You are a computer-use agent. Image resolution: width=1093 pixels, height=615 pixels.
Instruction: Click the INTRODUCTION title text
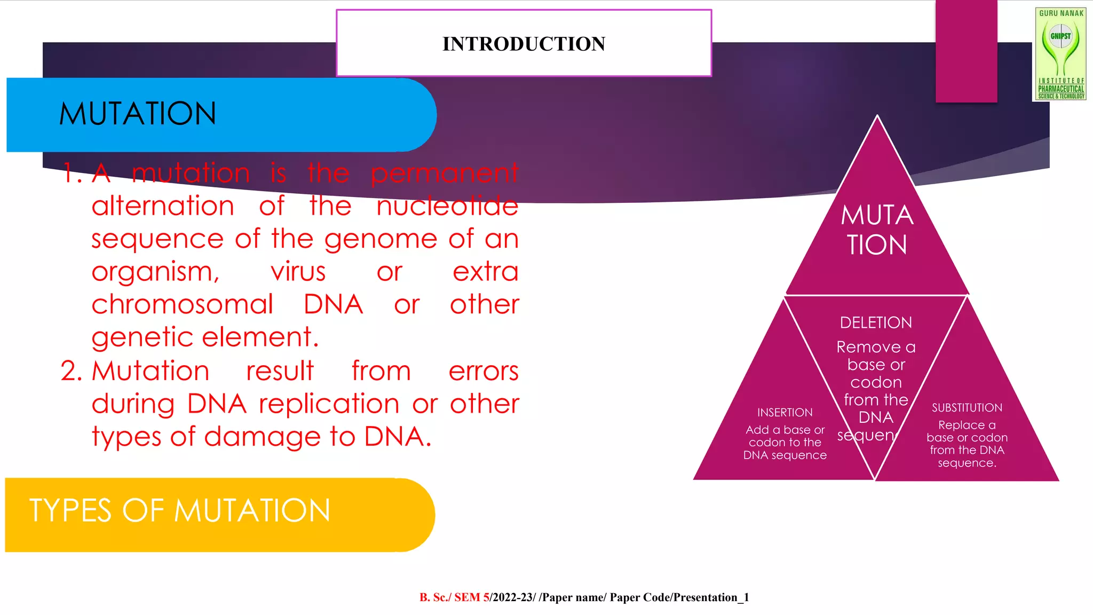[x=524, y=44]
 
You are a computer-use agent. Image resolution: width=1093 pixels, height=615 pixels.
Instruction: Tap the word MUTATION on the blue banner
[x=138, y=114]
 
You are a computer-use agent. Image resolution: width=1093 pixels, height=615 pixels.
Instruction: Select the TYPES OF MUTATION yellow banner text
[x=180, y=510]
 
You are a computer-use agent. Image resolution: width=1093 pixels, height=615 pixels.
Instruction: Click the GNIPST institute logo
[x=1060, y=53]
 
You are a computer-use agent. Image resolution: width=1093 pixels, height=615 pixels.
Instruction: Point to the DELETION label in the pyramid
[x=876, y=322]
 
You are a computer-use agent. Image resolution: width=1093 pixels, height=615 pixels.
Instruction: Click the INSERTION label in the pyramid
[x=785, y=413]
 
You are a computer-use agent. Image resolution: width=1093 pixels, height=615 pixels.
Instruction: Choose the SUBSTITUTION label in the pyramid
[x=967, y=408]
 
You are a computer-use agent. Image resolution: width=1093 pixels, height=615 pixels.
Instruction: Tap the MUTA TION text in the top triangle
[x=877, y=230]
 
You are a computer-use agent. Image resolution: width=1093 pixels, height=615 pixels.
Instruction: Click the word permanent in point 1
[x=444, y=173]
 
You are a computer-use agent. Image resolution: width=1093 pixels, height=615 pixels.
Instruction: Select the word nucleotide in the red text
[x=447, y=206]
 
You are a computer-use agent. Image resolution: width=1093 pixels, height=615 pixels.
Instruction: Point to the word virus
[x=298, y=272]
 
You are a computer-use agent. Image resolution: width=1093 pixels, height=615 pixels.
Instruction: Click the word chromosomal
[x=182, y=305]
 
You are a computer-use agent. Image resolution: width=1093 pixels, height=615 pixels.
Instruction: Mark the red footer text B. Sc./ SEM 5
[x=454, y=597]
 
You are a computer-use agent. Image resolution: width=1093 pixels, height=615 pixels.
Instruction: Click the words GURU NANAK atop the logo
[x=1061, y=13]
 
